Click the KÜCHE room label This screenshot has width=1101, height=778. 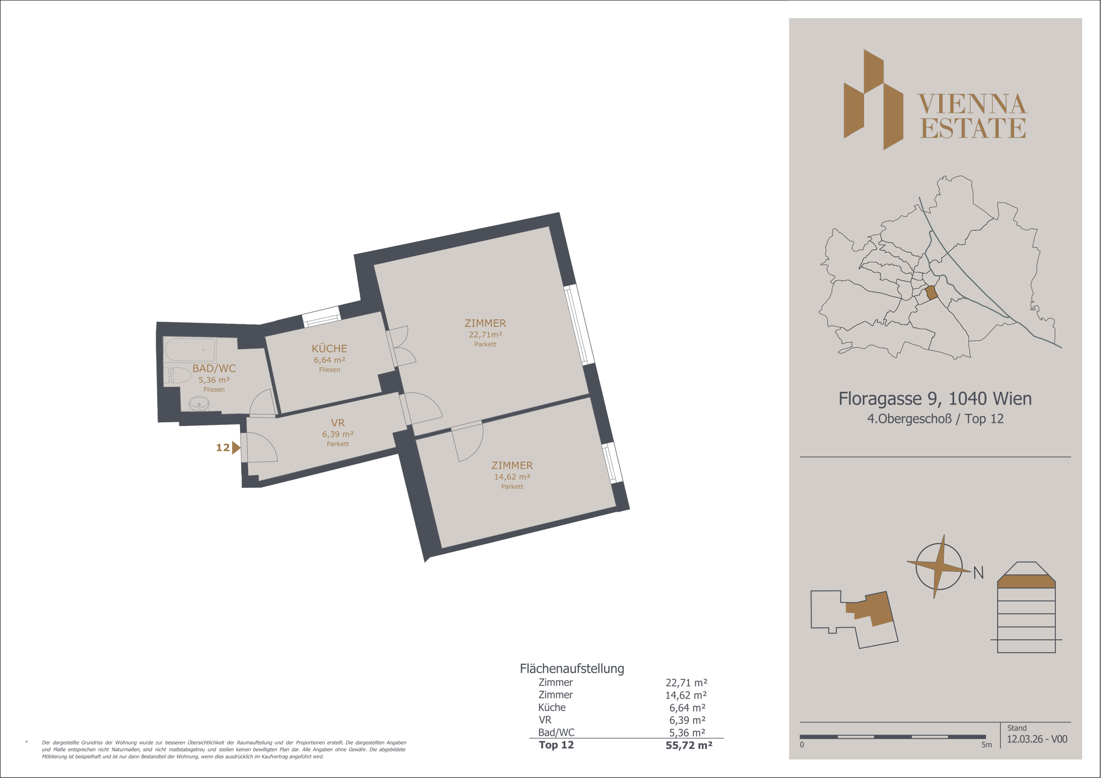tap(329, 348)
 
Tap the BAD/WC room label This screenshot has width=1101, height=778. tap(214, 368)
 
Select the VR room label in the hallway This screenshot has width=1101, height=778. tap(338, 423)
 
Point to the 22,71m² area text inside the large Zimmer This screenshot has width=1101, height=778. tap(485, 335)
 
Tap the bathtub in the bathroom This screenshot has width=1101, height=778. tap(190, 349)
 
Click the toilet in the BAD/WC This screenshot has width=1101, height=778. tap(177, 375)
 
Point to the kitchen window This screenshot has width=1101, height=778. tap(321, 317)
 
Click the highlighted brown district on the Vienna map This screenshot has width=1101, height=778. tap(931, 292)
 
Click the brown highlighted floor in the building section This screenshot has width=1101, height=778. tap(1026, 581)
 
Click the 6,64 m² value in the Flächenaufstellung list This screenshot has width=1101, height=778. tap(687, 708)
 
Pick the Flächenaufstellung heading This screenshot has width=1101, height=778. tap(572, 669)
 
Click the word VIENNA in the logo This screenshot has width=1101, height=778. tap(972, 104)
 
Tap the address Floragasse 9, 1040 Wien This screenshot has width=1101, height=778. tap(935, 398)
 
